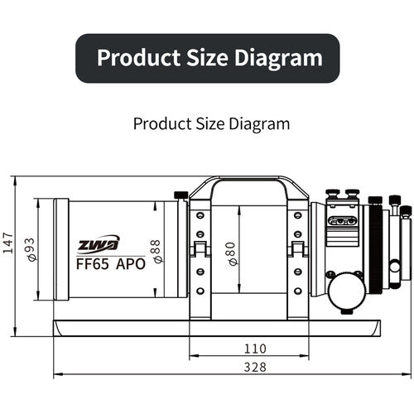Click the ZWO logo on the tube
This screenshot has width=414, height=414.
pos(99,243)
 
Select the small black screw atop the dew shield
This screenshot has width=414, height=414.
pos(180,195)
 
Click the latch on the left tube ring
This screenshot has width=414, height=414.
pos(198,248)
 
